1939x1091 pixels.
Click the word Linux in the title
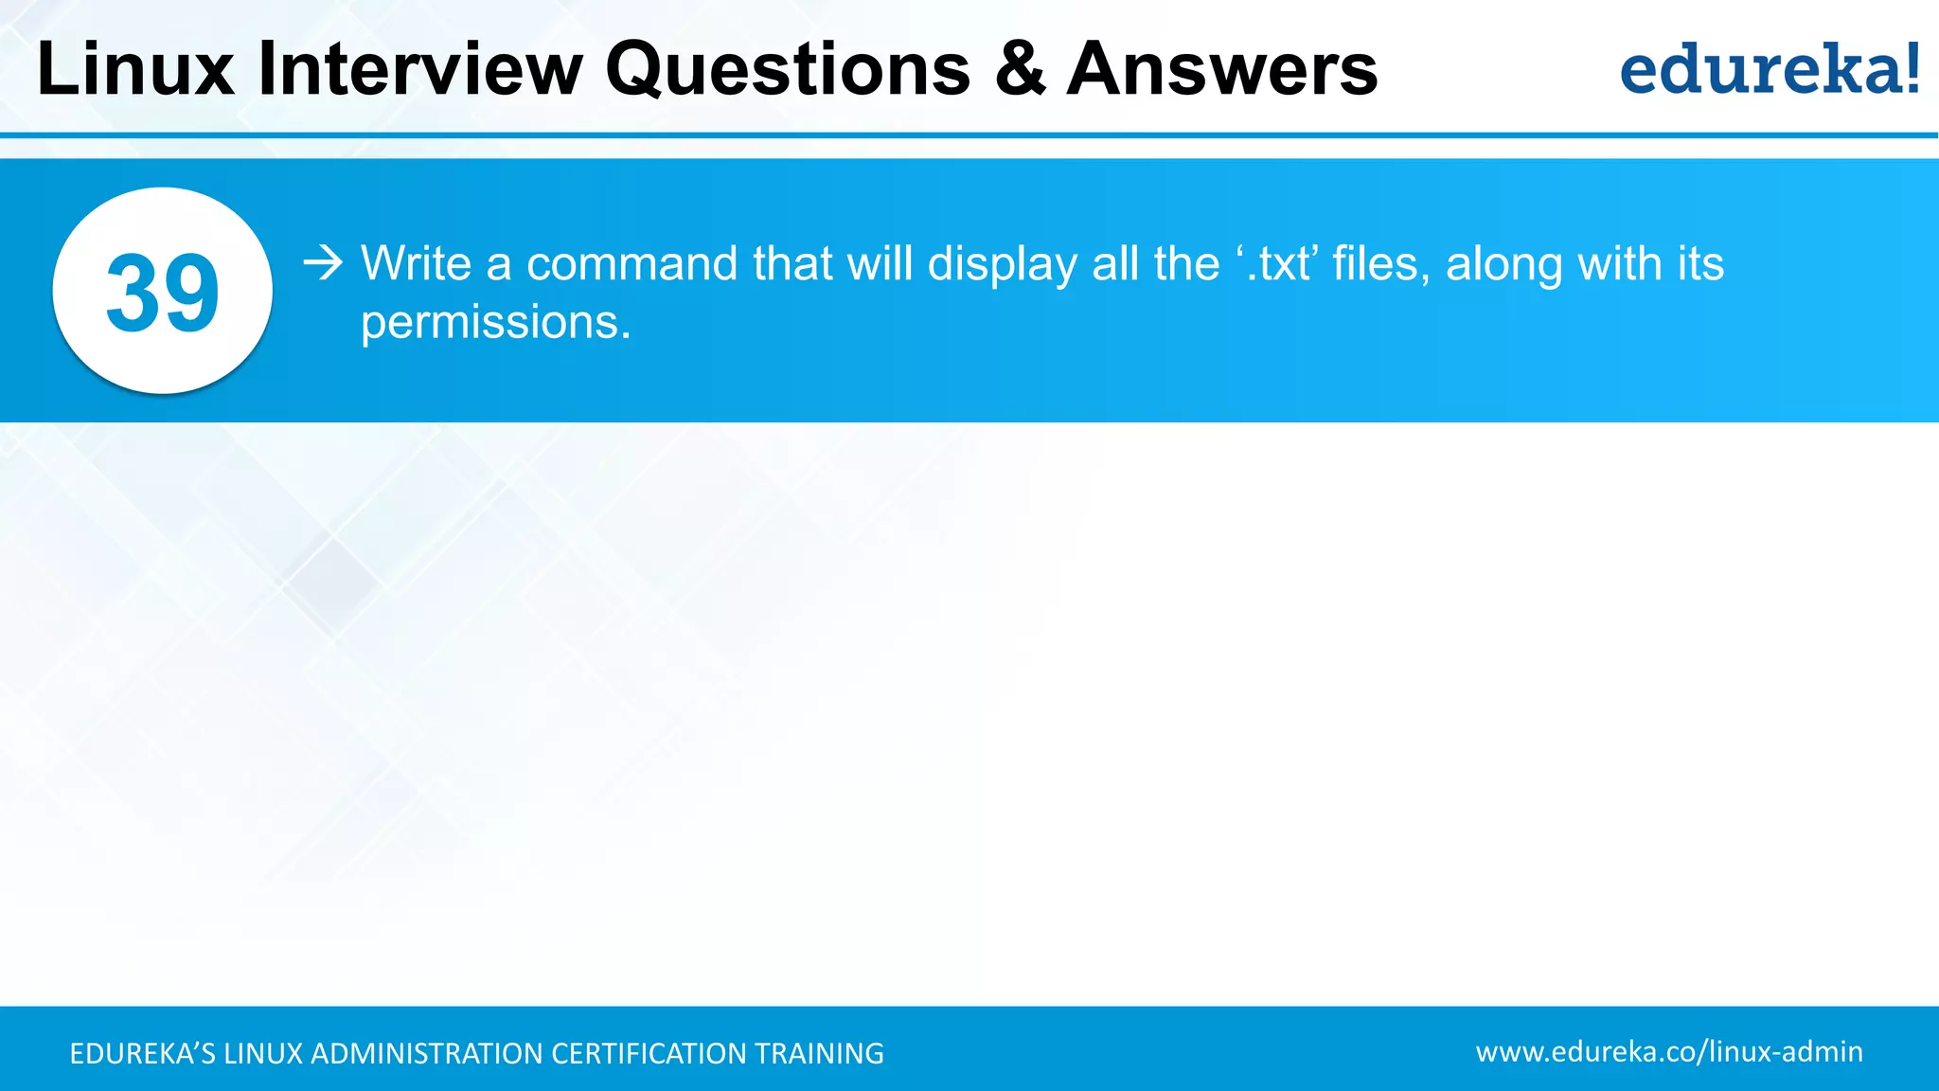(135, 69)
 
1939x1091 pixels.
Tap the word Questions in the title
(788, 69)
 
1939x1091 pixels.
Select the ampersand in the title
(1020, 69)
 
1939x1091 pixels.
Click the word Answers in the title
(1222, 69)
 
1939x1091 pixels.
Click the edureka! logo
(1770, 69)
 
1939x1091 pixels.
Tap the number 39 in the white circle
(163, 293)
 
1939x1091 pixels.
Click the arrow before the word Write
(323, 262)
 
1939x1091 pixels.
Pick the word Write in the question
(416, 263)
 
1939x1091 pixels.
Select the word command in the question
(632, 263)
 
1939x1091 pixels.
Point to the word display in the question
(1002, 265)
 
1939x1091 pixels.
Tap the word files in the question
(1381, 263)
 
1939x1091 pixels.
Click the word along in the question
(1503, 265)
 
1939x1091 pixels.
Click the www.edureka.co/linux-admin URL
(1668, 1051)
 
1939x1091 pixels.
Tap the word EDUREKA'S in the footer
(142, 1053)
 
